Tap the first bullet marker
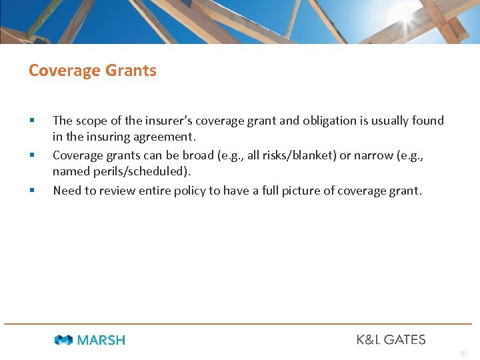[x=31, y=121]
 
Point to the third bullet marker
[x=31, y=191]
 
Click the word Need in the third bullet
[x=67, y=191]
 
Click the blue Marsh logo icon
[x=63, y=340]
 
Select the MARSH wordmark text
[x=101, y=340]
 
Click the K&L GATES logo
[x=391, y=339]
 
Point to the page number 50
[x=463, y=353]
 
